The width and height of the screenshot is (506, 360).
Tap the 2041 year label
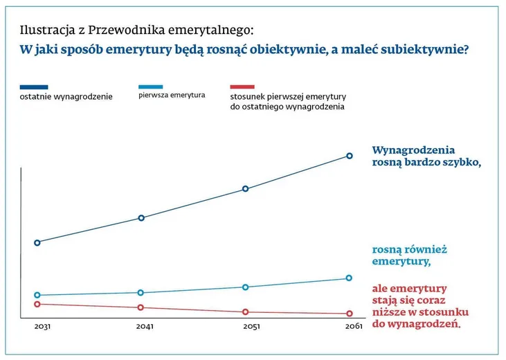click(x=145, y=326)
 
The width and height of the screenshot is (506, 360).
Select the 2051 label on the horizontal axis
click(x=251, y=326)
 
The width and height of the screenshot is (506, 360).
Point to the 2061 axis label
click(x=354, y=326)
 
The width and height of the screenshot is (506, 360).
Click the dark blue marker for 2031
click(x=37, y=242)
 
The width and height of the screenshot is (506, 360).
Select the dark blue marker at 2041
click(x=141, y=218)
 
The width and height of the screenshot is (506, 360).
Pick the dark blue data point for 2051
click(x=245, y=188)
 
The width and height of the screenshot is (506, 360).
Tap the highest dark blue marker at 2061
click(x=350, y=156)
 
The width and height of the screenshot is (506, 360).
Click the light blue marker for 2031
click(x=37, y=295)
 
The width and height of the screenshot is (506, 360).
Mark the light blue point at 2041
click(x=141, y=293)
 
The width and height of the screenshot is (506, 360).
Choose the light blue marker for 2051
click(x=245, y=287)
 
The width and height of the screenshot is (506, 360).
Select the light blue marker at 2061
click(x=350, y=278)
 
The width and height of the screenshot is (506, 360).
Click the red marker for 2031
click(x=37, y=304)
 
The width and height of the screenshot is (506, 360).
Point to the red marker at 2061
click(x=350, y=314)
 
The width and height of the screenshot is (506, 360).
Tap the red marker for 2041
click(x=141, y=307)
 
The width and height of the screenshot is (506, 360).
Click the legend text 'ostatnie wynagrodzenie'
click(x=66, y=96)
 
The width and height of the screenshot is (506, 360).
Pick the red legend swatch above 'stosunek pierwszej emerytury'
click(x=242, y=87)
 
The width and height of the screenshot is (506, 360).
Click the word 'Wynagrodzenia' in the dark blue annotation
click(x=413, y=150)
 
